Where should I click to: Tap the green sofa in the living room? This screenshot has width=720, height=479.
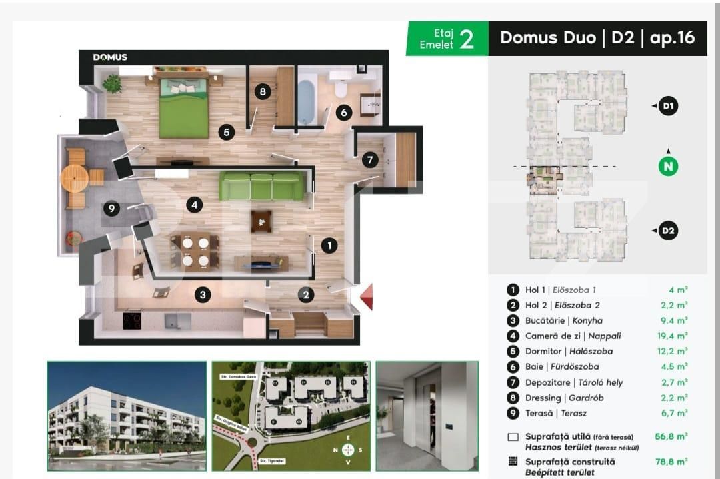(261, 186)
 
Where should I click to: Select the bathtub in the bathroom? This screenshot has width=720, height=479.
(307, 102)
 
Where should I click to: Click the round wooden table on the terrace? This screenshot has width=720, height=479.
(73, 177)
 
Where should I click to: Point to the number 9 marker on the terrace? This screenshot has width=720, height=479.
(111, 209)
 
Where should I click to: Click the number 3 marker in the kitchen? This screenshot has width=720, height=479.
(203, 294)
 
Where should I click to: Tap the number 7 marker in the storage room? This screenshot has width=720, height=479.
(370, 160)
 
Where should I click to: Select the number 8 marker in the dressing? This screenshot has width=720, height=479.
(262, 91)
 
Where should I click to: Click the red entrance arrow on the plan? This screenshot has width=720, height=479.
(365, 297)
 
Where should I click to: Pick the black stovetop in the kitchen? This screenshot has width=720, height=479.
(132, 321)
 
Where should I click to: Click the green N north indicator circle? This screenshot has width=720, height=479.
(668, 166)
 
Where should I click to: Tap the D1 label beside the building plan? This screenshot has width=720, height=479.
(668, 106)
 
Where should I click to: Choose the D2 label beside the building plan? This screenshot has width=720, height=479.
(668, 231)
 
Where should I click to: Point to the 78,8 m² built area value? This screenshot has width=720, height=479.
(672, 461)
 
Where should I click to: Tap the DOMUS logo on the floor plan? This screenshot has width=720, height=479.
(110, 57)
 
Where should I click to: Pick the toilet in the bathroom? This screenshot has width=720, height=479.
(340, 88)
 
